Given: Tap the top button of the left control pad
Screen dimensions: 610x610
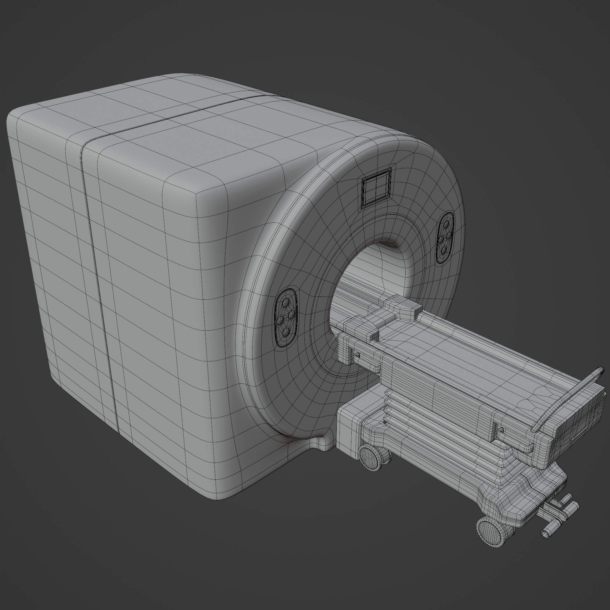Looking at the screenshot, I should (x=285, y=304).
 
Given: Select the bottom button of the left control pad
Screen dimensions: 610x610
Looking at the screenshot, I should (x=287, y=331).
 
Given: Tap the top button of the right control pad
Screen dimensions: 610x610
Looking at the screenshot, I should (x=446, y=224).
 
